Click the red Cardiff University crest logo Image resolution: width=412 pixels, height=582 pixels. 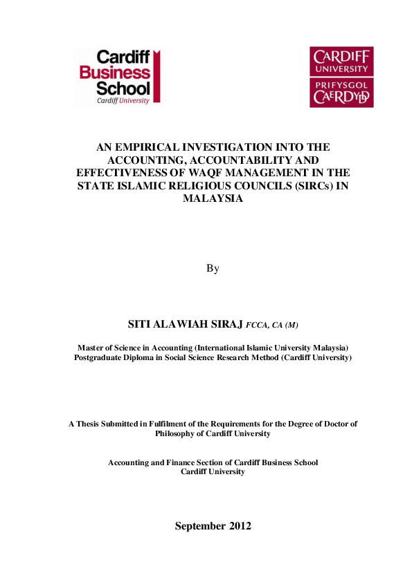[x=341, y=77]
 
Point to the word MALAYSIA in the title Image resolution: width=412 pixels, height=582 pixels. [x=213, y=197]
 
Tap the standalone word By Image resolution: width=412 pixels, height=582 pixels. [x=213, y=268]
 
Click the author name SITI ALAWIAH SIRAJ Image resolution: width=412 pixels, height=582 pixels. [x=186, y=324]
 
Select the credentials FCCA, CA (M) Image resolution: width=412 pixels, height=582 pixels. [x=272, y=325]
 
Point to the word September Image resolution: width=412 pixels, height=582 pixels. [x=200, y=526]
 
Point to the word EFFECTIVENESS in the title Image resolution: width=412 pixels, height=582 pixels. [x=117, y=172]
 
